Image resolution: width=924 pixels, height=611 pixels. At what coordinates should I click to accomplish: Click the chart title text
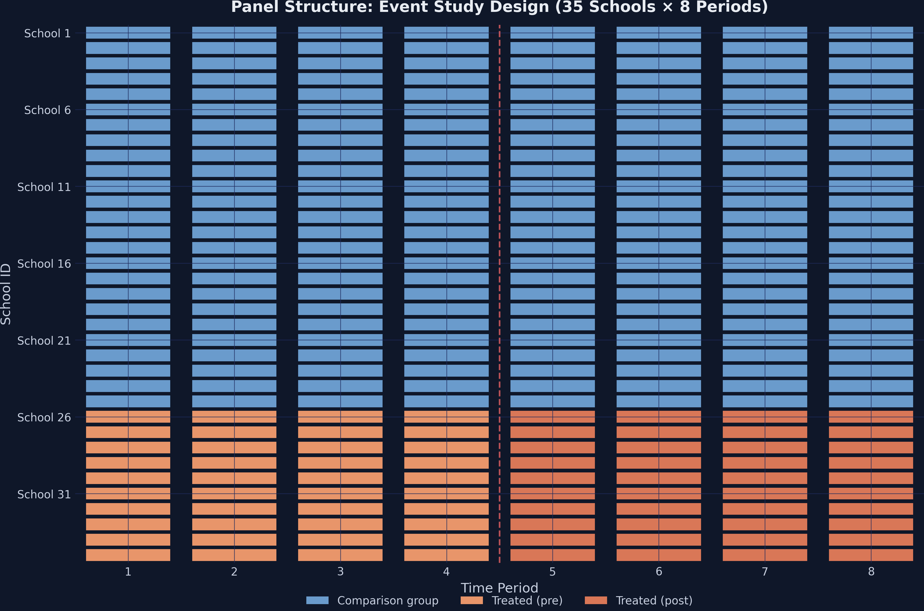(x=499, y=7)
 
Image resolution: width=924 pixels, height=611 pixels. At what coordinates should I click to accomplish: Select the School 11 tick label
(x=44, y=187)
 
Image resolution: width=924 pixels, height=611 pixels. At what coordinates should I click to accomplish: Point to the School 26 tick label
(x=44, y=417)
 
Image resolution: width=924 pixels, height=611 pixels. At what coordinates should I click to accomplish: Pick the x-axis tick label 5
(x=552, y=572)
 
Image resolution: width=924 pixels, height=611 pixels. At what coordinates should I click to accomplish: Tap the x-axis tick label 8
(x=871, y=572)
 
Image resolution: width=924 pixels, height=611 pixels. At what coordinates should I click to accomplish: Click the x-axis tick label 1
(x=128, y=572)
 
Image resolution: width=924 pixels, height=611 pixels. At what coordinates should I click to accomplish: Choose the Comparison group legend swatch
(x=317, y=600)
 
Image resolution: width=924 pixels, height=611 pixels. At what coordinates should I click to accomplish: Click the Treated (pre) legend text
(x=527, y=600)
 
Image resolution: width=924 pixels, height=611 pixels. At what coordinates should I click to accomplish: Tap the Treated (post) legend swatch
(x=596, y=600)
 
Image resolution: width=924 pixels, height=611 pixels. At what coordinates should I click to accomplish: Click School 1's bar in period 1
(x=128, y=33)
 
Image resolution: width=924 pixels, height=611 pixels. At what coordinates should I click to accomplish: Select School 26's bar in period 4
(x=446, y=417)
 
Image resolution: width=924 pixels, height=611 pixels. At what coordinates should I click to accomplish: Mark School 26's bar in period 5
(x=552, y=417)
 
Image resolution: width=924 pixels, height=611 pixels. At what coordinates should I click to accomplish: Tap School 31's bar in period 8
(x=871, y=493)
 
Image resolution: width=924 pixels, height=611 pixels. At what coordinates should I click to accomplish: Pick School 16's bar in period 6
(x=658, y=263)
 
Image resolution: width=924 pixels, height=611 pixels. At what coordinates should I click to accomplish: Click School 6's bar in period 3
(x=340, y=110)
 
